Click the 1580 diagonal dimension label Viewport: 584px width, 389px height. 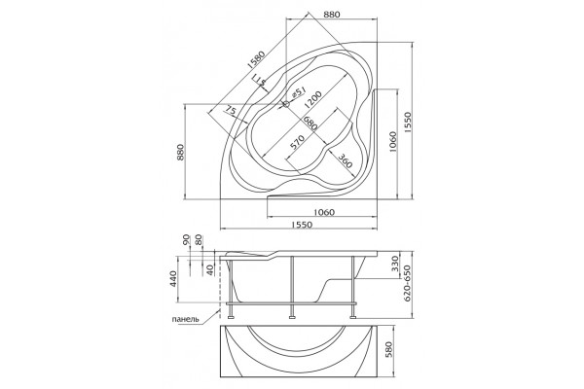pyautogui.click(x=255, y=59)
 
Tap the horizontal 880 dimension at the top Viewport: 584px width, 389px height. pyautogui.click(x=332, y=15)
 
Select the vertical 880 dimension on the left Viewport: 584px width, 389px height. pyautogui.click(x=180, y=153)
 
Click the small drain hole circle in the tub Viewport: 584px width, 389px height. pyautogui.click(x=286, y=105)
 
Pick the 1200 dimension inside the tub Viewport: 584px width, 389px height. pyautogui.click(x=312, y=100)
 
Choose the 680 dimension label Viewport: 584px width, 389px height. pyautogui.click(x=310, y=123)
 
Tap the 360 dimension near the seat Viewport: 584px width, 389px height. pyautogui.click(x=346, y=160)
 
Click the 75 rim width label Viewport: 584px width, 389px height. pyautogui.click(x=231, y=111)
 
